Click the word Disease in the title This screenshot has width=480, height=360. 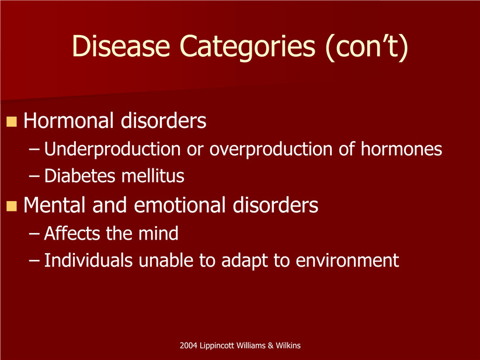121,46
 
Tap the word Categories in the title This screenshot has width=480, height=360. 248,47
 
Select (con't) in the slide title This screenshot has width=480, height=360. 367,47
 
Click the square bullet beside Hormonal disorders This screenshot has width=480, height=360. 11,122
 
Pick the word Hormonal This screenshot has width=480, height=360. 68,120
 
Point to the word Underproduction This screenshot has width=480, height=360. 112,149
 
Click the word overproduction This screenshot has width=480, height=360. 271,149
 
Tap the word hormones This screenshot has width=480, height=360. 401,149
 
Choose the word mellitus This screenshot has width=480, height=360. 153,176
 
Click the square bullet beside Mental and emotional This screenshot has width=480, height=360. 11,206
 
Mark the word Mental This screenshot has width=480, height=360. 54,205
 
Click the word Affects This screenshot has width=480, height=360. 72,233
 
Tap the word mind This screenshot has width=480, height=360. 158,233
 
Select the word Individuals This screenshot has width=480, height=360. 89,261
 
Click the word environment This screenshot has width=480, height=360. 347,261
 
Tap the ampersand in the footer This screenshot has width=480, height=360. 270,346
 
